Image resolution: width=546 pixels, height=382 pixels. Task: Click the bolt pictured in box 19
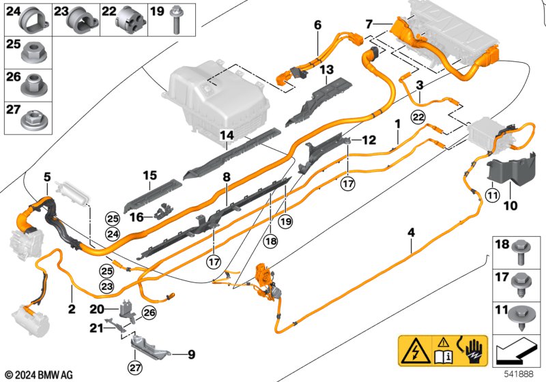coord(175,21)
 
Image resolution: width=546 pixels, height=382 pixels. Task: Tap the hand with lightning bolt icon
coord(473,350)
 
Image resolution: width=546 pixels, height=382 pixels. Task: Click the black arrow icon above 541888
coord(515,350)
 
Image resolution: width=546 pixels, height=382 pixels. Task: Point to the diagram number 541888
coord(519,374)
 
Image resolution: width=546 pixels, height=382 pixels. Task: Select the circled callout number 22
coord(418,117)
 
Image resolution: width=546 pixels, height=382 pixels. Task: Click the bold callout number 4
coord(412,233)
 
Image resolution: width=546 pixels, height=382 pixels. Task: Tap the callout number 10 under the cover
coord(511,205)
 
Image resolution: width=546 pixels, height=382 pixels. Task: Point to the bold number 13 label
coord(327,70)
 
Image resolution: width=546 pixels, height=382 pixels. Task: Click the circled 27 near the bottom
coord(135,368)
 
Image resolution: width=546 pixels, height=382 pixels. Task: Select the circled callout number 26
coord(149,313)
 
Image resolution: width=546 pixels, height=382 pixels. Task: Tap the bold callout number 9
coord(191,355)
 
